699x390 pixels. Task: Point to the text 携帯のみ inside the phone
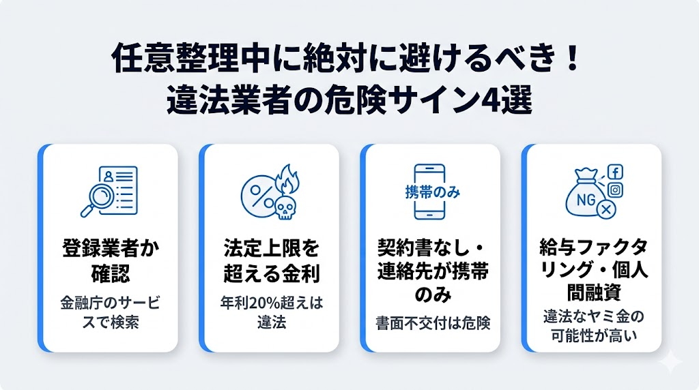(428, 192)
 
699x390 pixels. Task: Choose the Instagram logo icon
(615, 191)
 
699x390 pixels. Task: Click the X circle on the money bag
(603, 212)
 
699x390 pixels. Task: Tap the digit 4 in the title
(481, 102)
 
